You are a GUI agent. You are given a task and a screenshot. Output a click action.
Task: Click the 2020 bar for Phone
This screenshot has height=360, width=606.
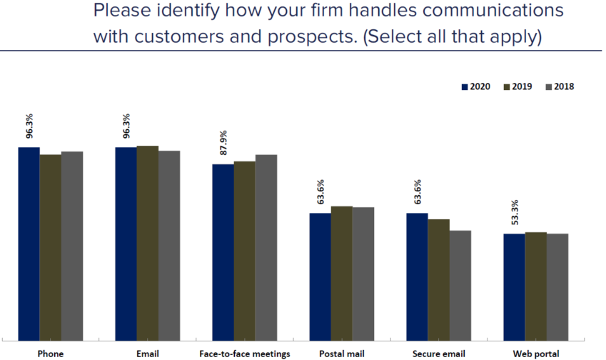(29, 243)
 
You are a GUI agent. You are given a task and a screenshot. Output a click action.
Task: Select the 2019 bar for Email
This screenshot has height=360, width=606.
(148, 242)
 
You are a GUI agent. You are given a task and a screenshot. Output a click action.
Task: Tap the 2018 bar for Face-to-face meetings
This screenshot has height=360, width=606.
(266, 246)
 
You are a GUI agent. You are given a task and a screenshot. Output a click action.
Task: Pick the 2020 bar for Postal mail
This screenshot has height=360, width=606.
(320, 276)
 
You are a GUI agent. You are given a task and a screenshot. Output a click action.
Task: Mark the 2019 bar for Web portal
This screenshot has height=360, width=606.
(535, 286)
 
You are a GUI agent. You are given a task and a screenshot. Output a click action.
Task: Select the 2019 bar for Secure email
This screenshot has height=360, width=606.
(438, 279)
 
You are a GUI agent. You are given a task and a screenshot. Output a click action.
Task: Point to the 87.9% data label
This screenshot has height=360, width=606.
(223, 144)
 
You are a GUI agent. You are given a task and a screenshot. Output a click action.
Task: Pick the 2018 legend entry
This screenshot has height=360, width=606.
(559, 86)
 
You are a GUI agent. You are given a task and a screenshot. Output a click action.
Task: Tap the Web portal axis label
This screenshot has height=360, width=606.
(535, 354)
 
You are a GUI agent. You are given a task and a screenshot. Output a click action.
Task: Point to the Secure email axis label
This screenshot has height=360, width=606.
(438, 354)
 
